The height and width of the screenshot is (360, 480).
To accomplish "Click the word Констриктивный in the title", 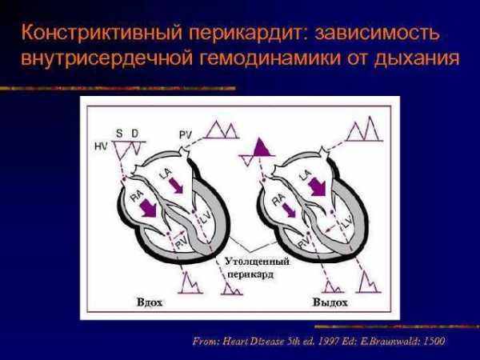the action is point(102,33).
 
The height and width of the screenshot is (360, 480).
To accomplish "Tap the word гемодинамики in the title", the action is point(270,58).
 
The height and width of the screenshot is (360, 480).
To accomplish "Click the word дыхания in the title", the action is point(417,58).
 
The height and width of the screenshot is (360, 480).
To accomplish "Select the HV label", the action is point(101,147).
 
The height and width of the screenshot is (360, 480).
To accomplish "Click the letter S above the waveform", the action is point(119,134).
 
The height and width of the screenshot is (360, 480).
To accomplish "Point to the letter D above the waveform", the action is point(135,134).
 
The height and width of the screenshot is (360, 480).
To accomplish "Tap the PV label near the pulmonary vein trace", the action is point(186,135).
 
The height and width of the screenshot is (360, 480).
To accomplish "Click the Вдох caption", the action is point(150,302).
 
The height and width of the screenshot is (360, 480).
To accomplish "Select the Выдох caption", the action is point(330,302).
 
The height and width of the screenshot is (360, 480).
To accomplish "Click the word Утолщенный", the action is point(257,262).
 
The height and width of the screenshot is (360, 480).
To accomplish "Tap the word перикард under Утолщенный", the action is point(250,274).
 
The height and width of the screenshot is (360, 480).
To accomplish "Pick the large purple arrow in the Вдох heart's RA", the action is point(148,207).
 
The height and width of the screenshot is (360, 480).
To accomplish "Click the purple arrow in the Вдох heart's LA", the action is point(176,186).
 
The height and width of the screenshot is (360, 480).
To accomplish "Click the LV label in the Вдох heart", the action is point(204,218).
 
